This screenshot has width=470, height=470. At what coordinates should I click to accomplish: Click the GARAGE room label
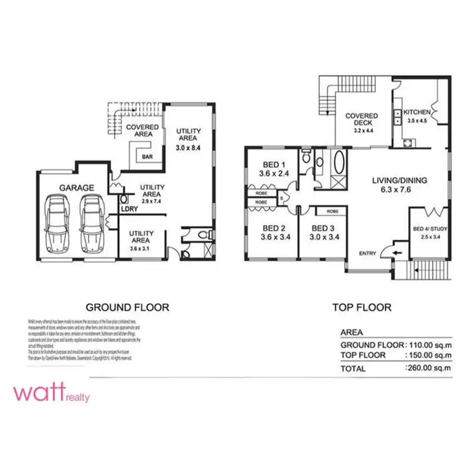76,187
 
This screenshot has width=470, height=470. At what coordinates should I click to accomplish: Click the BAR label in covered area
148,157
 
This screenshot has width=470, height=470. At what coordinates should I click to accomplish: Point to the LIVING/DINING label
399,180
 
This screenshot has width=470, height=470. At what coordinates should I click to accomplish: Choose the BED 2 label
274,228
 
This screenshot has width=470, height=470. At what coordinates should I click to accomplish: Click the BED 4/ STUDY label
429,229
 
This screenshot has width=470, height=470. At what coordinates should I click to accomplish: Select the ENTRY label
368,253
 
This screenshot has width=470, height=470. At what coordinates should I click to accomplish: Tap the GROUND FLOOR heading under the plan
127,307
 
